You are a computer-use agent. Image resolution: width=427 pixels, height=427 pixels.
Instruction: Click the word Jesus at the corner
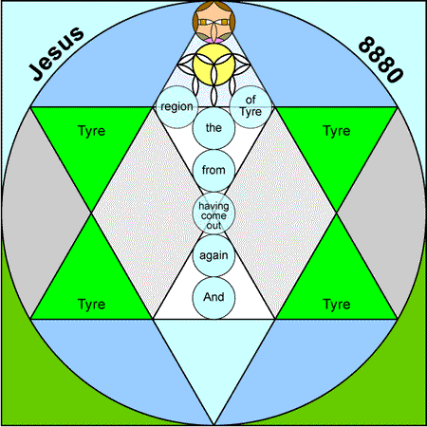57,53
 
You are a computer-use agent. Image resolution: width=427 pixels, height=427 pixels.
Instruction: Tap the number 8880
381,60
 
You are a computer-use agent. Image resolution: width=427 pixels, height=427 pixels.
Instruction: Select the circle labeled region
176,107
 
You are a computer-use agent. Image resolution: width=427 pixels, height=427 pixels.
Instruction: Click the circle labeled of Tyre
251,107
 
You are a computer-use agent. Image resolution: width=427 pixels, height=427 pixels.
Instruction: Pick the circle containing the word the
213,128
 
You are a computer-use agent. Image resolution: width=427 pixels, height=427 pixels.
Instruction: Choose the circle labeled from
213,171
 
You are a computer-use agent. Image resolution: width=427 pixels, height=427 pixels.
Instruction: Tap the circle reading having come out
213,213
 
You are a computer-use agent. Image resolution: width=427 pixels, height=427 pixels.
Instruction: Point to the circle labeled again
213,255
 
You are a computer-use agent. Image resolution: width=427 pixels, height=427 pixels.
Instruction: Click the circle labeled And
213,298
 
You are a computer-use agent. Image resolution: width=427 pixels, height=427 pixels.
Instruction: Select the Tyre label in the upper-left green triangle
91,131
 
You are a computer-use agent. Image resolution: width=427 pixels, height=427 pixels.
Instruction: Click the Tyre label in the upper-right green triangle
337,131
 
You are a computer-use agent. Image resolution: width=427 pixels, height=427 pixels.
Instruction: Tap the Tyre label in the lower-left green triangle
91,304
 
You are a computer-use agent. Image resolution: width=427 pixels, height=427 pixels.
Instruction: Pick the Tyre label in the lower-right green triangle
337,304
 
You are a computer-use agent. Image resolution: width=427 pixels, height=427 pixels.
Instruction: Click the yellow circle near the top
213,65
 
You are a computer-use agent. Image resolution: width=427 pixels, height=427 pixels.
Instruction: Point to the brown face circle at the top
213,22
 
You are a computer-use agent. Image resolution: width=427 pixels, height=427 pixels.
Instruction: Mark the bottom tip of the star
213,425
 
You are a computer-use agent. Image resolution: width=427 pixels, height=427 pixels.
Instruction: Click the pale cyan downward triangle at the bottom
213,354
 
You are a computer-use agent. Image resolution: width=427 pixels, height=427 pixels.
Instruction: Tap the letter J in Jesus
37,72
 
